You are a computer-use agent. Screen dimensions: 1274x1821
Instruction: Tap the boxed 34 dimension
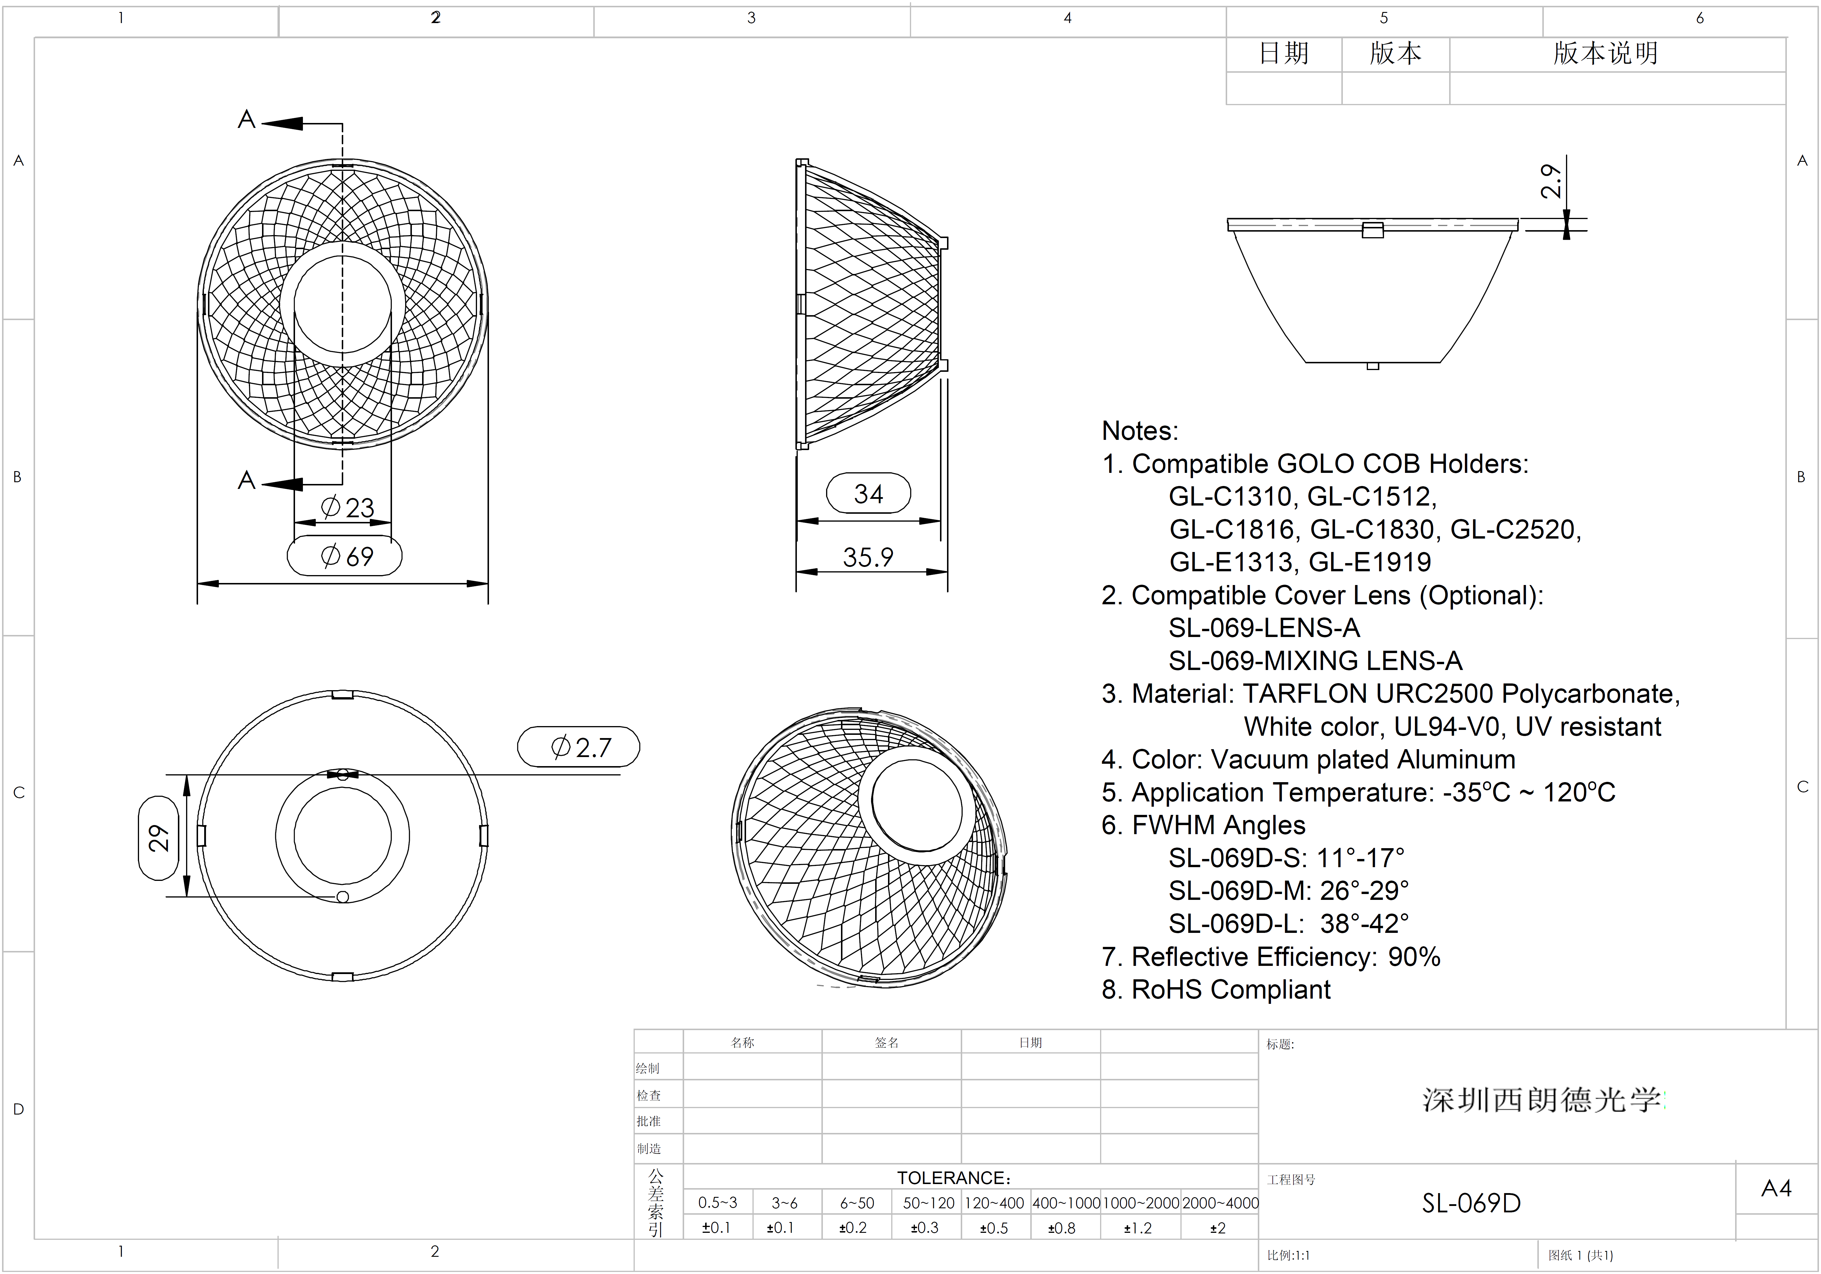(x=868, y=494)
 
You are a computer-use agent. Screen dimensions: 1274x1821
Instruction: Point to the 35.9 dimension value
(x=868, y=557)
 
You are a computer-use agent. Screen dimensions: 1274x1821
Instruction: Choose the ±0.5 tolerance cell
(x=994, y=1228)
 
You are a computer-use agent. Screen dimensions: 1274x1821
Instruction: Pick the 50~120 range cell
(x=928, y=1203)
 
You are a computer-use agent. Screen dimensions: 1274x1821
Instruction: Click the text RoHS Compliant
(x=1231, y=990)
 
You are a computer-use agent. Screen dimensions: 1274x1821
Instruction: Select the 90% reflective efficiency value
(x=1414, y=957)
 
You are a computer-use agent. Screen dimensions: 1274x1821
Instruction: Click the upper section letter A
(x=247, y=120)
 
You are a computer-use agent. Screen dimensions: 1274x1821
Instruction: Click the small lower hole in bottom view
(x=343, y=897)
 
